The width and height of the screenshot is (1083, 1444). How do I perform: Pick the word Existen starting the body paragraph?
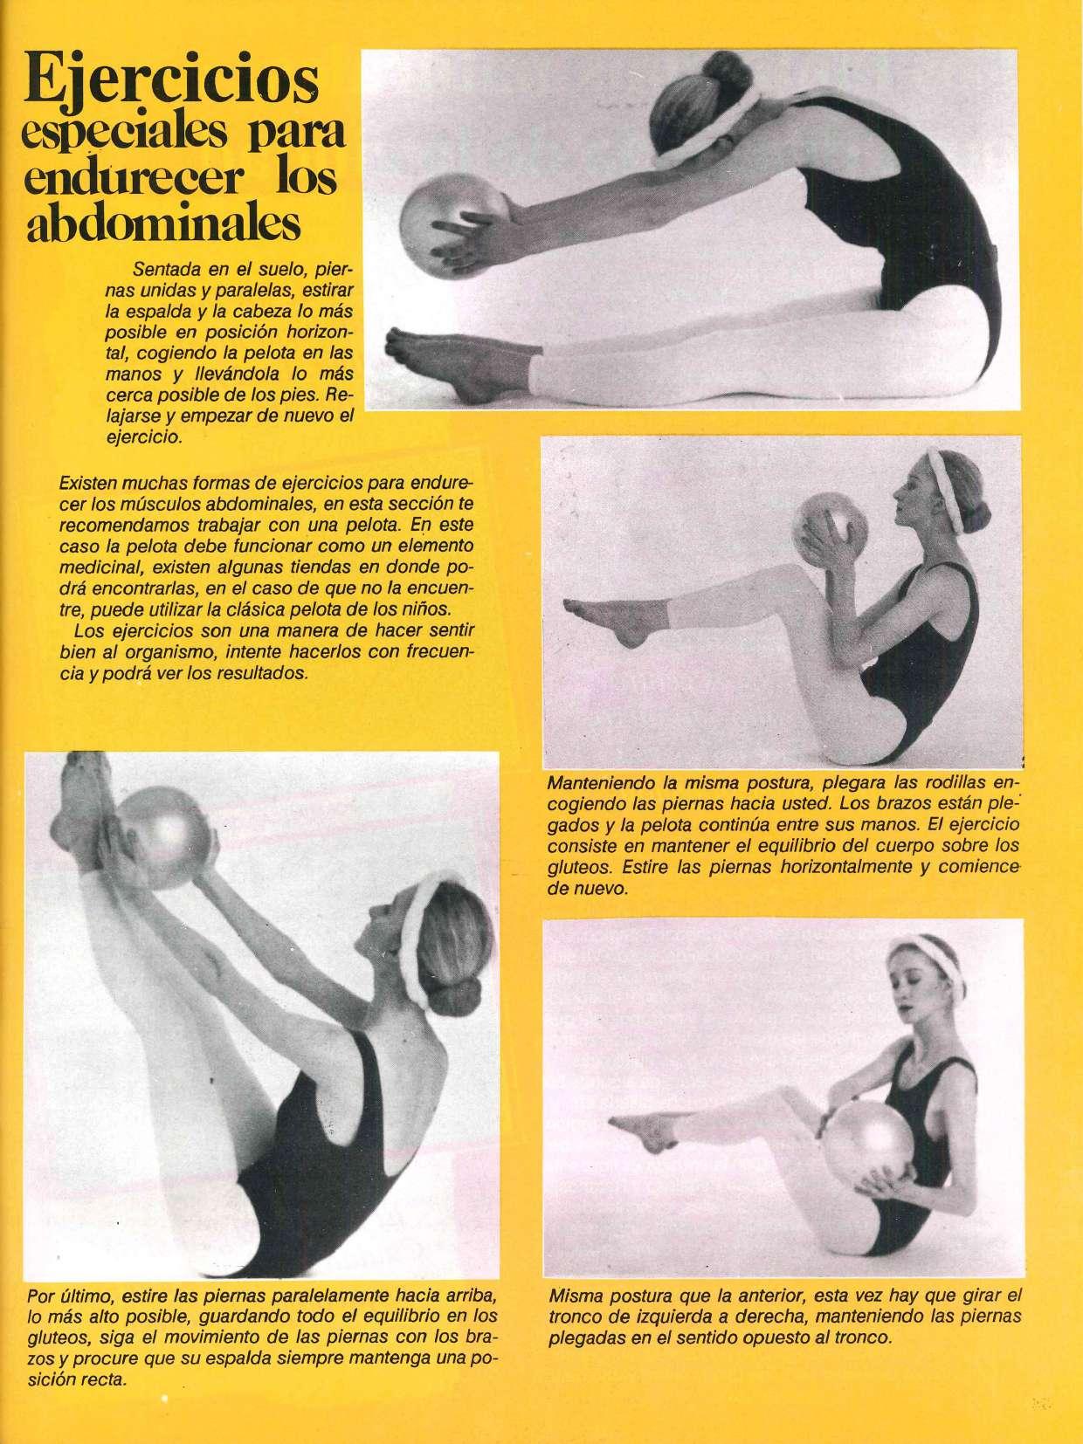click(x=86, y=482)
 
